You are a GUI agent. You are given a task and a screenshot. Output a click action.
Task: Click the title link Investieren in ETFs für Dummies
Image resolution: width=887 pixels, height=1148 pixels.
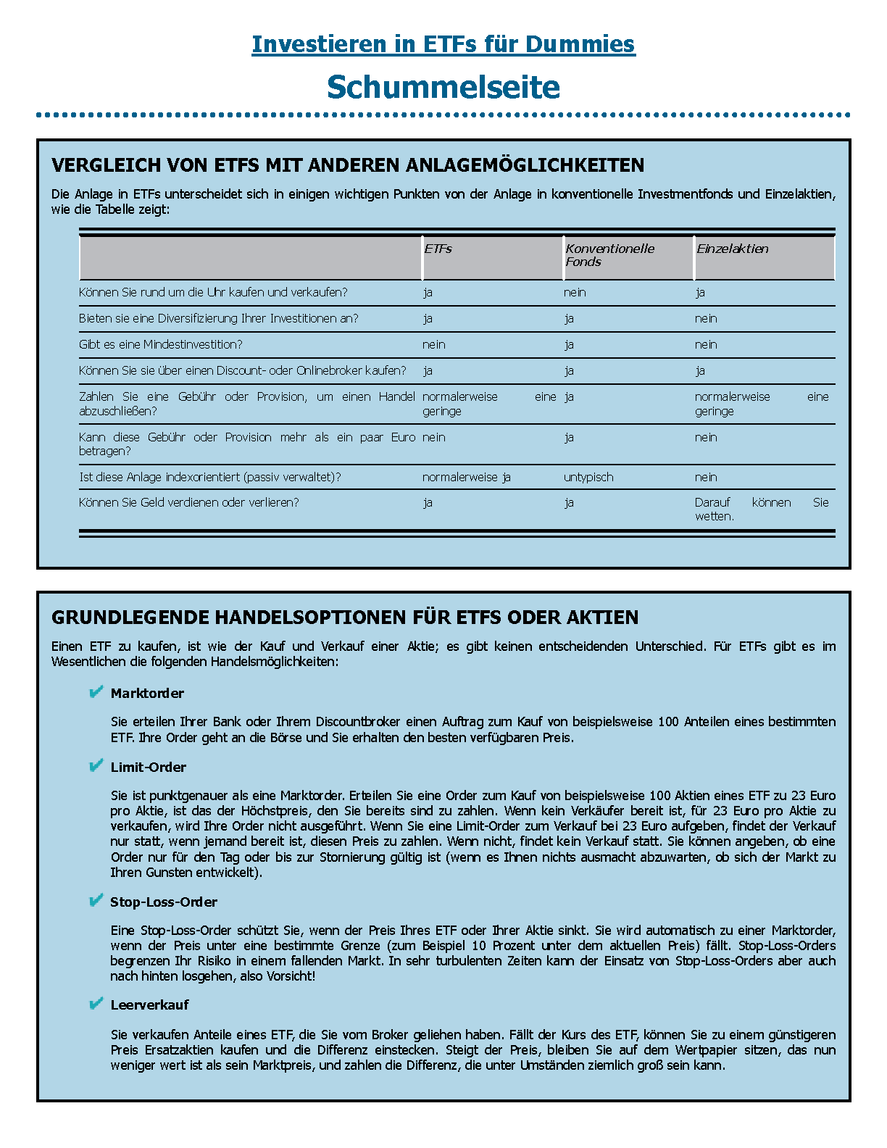[443, 44]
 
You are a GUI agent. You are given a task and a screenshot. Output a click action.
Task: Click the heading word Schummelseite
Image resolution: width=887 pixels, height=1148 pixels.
[443, 87]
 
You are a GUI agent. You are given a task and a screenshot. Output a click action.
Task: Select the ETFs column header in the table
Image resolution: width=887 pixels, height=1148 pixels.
[438, 249]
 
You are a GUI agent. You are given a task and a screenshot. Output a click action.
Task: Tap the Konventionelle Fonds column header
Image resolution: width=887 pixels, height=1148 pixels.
[609, 255]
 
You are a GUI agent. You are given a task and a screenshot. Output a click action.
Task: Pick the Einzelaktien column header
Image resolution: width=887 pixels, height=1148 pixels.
[732, 249]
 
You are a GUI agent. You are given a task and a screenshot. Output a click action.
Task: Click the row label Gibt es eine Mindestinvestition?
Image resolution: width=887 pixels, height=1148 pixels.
[160, 344]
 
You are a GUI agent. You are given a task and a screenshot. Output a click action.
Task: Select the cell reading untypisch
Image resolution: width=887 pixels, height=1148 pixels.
[588, 477]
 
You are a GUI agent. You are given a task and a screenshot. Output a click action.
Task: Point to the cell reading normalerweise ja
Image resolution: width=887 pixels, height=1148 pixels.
[466, 477]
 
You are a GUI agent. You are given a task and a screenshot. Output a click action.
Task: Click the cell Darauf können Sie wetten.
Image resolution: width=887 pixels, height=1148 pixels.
[761, 509]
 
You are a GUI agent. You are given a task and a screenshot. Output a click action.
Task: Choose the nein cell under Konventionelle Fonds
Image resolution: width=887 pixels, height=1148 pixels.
[575, 292]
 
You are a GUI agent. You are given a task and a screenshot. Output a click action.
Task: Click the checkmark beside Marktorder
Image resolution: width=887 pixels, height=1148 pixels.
[96, 693]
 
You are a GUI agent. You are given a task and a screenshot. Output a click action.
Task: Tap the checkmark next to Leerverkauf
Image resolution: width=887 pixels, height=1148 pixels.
[96, 1004]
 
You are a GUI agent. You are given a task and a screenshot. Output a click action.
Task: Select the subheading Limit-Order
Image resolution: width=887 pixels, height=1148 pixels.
[149, 767]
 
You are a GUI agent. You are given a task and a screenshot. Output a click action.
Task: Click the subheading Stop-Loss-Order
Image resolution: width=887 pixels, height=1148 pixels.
[164, 902]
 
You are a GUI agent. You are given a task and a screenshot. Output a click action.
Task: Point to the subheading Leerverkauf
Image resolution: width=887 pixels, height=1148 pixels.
[149, 1004]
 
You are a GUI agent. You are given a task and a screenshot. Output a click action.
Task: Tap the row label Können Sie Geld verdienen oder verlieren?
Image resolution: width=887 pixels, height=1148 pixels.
[188, 502]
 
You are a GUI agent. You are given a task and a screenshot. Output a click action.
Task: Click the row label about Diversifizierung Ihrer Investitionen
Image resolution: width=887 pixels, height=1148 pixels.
[218, 318]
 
